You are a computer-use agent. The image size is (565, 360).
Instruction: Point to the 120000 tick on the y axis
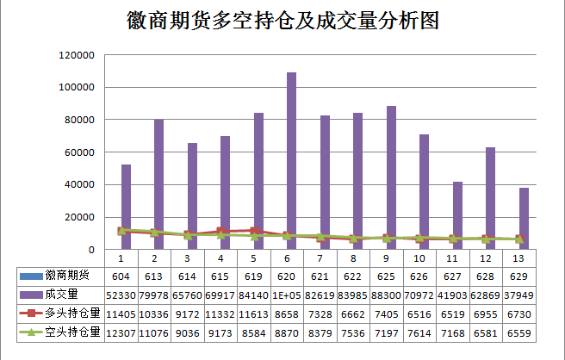[76, 55]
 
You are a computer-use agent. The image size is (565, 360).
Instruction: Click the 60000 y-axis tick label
[78, 152]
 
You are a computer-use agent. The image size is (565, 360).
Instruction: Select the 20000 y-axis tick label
[78, 217]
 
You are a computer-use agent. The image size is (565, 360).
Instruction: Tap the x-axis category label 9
[387, 258]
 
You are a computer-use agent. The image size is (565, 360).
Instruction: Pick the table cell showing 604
[121, 276]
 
